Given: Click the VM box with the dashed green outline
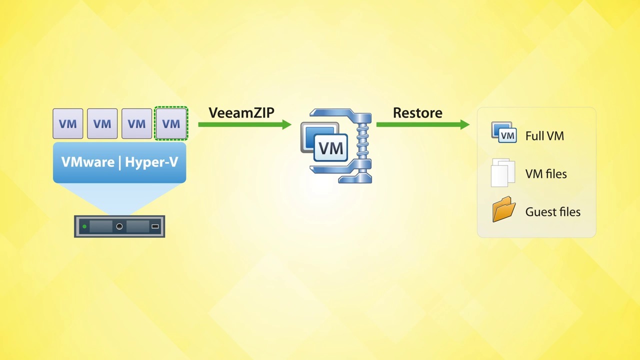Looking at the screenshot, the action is pyautogui.click(x=171, y=123).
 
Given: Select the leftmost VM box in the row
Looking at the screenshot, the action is pyautogui.click(x=67, y=123).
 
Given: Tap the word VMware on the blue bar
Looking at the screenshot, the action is pyautogui.click(x=88, y=162).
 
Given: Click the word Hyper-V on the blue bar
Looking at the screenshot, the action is pyautogui.click(x=151, y=162).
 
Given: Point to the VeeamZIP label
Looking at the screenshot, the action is pyautogui.click(x=241, y=112).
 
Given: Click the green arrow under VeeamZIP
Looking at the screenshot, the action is pyautogui.click(x=245, y=124).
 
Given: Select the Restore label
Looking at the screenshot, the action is pyautogui.click(x=417, y=113).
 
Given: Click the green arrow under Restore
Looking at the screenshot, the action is pyautogui.click(x=423, y=124).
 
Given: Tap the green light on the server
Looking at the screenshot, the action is pyautogui.click(x=84, y=226).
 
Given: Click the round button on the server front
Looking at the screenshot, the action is pyautogui.click(x=119, y=226).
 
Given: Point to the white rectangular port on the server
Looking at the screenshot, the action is pyautogui.click(x=155, y=226).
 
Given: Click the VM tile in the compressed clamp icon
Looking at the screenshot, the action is pyautogui.click(x=330, y=148).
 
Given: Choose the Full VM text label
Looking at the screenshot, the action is pyautogui.click(x=544, y=136).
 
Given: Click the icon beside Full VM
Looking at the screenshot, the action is pyautogui.click(x=504, y=132).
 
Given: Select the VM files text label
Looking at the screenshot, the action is pyautogui.click(x=546, y=174).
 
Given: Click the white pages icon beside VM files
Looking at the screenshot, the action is pyautogui.click(x=503, y=172).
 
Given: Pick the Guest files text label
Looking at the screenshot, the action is pyautogui.click(x=553, y=212).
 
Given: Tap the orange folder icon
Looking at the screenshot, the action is pyautogui.click(x=504, y=209).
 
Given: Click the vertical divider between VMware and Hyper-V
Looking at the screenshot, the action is pyautogui.click(x=119, y=163).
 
